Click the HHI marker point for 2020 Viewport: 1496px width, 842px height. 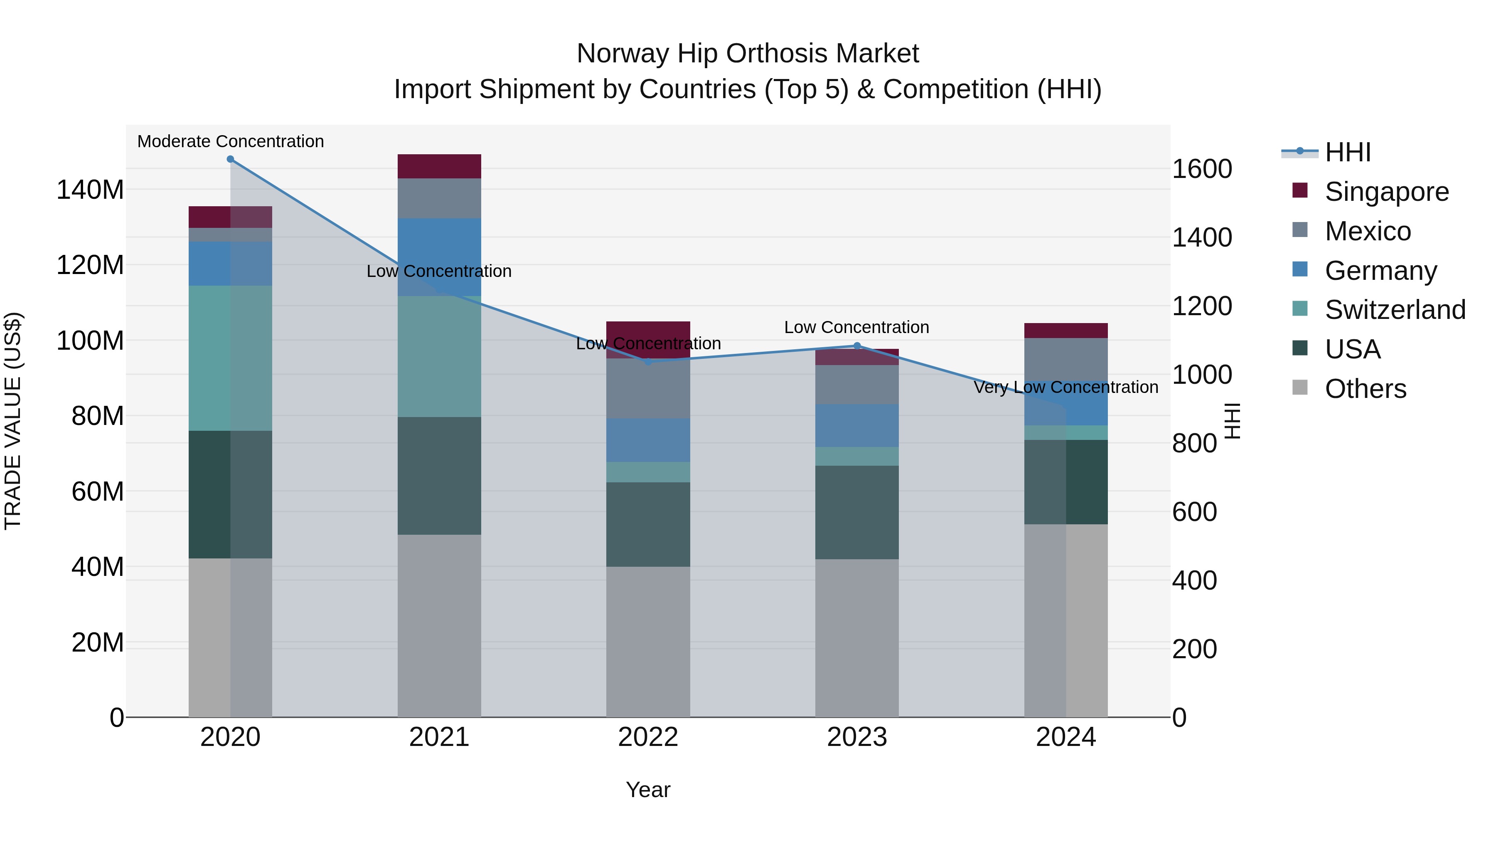click(x=231, y=159)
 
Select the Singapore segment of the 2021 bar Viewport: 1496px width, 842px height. click(x=439, y=166)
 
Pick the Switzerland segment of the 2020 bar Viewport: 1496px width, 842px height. click(x=231, y=358)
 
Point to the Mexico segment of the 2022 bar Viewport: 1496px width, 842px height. click(x=648, y=388)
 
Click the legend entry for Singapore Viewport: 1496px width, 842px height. click(x=1386, y=192)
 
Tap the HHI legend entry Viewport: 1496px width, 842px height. click(x=1347, y=152)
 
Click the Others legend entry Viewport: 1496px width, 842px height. click(x=1365, y=389)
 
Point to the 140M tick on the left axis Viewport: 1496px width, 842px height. click(x=90, y=190)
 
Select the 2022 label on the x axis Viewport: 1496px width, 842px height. click(x=648, y=737)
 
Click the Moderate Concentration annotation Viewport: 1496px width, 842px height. click(x=231, y=141)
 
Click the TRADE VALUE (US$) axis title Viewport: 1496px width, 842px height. click(x=13, y=421)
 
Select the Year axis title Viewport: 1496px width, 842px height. click(x=648, y=790)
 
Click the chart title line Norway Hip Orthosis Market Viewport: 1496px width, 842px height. click(x=748, y=54)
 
